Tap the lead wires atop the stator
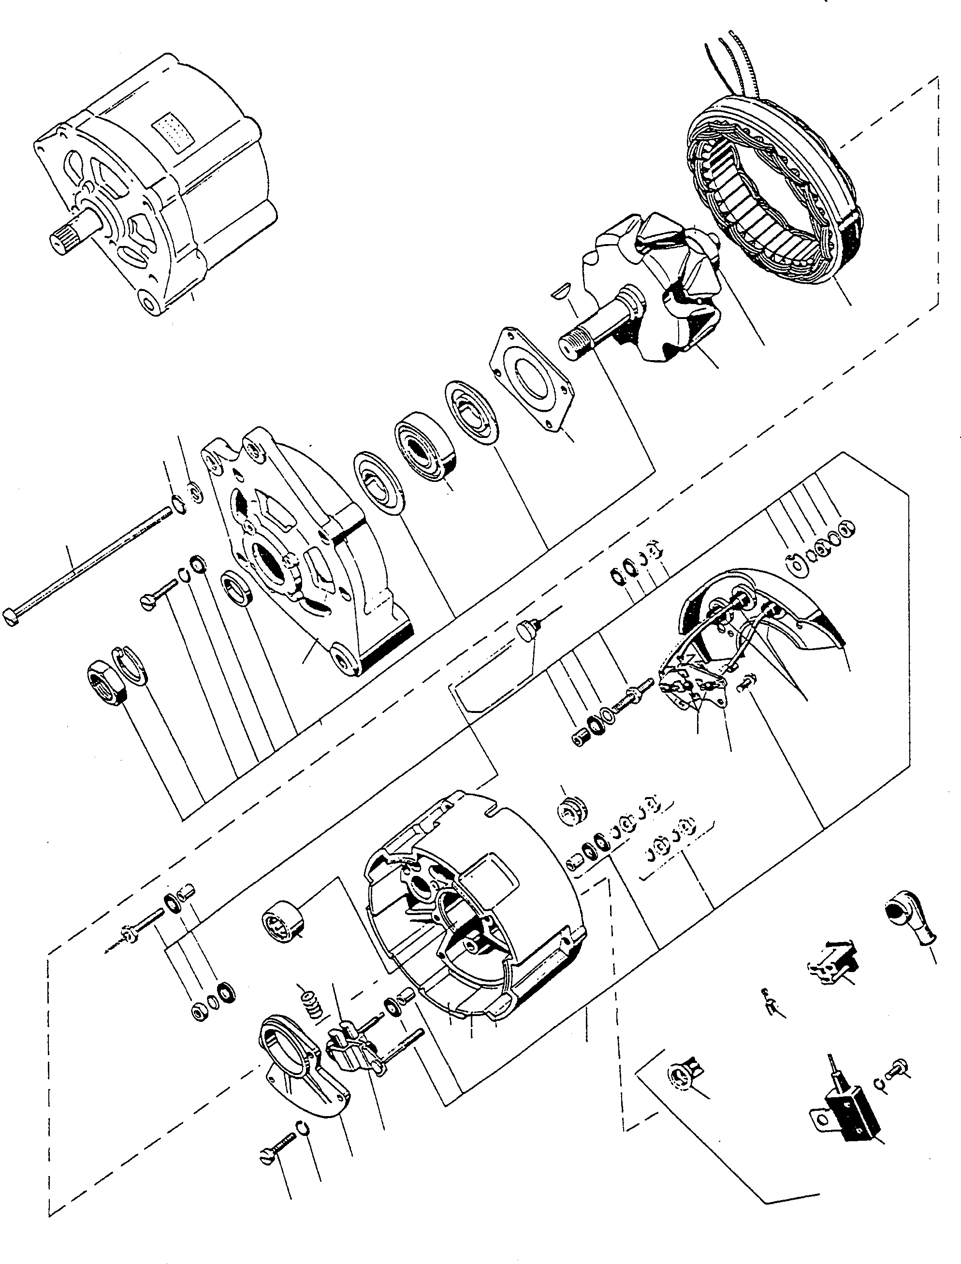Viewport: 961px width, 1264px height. point(738,63)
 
